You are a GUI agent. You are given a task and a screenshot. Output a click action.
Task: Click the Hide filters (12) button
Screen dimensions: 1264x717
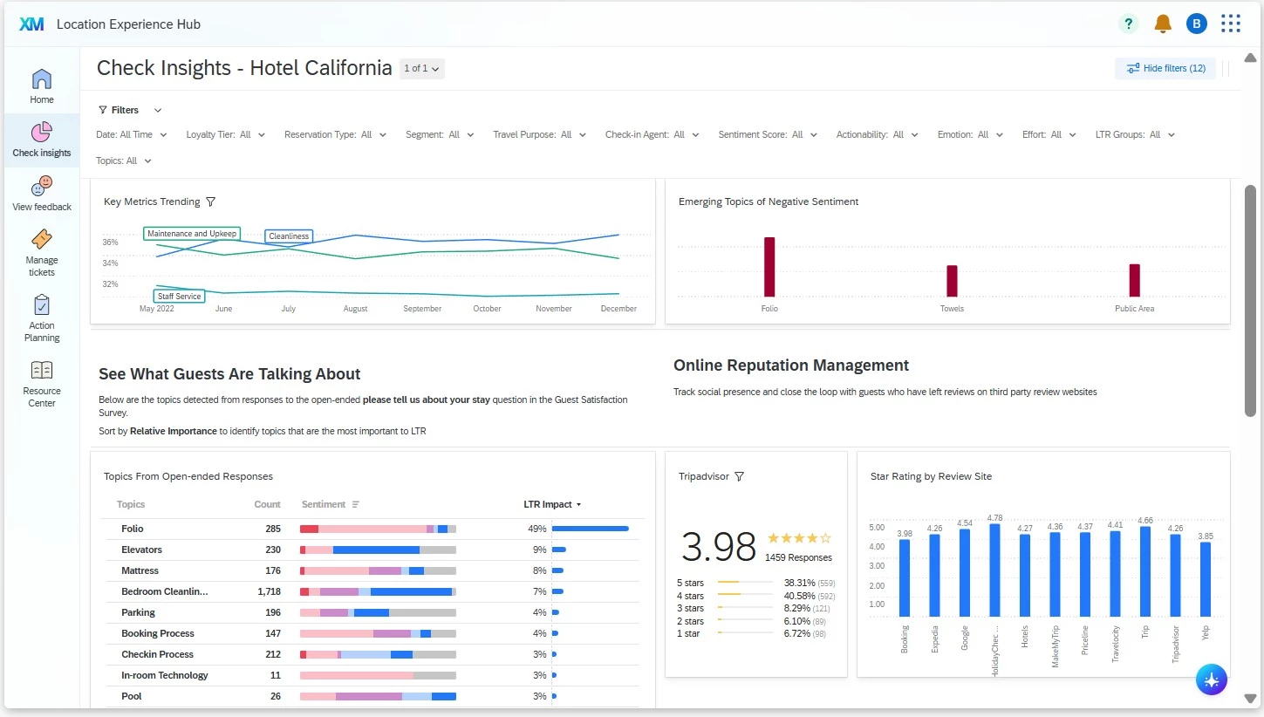[x=1165, y=68]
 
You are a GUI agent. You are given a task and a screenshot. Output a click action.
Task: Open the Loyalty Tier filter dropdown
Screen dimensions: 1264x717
[x=226, y=135]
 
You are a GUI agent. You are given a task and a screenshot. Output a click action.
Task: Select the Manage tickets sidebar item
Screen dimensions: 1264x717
[x=42, y=253]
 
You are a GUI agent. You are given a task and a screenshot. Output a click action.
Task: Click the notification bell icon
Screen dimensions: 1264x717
[x=1163, y=24]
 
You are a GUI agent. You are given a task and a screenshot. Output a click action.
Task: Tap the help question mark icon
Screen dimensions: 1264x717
[x=1128, y=24]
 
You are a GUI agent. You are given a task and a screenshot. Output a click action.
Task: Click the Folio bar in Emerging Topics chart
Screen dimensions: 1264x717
[x=769, y=267]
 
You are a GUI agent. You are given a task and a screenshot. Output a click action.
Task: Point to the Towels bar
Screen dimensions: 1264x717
[x=952, y=281]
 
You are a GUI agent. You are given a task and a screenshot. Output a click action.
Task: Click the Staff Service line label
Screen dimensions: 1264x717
[x=180, y=297]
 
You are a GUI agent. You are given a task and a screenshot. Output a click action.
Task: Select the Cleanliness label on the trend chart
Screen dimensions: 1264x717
[x=289, y=236]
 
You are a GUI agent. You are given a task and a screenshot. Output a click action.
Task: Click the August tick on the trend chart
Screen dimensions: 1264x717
[x=356, y=309]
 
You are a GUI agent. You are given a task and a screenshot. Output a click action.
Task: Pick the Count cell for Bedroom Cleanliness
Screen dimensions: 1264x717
[x=270, y=591]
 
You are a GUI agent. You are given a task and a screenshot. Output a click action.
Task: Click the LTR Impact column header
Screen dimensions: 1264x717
[x=552, y=504]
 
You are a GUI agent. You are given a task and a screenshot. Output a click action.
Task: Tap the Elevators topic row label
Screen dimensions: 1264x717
[x=141, y=550]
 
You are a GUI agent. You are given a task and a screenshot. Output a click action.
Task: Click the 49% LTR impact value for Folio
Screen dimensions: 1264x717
[x=537, y=529]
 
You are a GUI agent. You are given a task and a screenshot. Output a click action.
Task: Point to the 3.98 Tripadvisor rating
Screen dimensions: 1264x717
[x=718, y=547]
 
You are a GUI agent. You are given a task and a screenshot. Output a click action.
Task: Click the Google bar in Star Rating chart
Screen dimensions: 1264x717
[x=965, y=572]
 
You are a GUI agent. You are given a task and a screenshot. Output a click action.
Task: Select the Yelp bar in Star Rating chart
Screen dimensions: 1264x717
[x=1206, y=579]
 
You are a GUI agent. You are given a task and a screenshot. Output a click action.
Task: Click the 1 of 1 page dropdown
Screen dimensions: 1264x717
[x=421, y=69]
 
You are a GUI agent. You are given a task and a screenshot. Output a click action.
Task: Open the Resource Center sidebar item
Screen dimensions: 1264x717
[x=42, y=384]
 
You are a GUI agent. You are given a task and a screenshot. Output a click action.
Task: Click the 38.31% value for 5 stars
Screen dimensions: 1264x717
[x=799, y=583]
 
